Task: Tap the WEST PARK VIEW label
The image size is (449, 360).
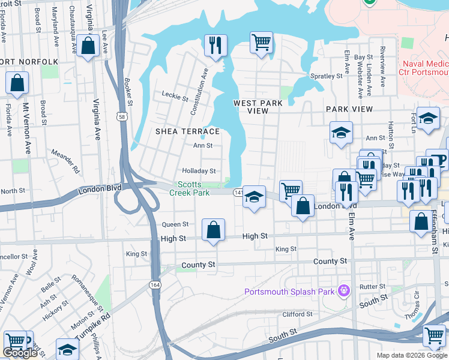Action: click(258, 107)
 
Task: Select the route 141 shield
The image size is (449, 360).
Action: click(238, 192)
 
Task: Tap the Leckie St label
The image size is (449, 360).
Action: click(175, 94)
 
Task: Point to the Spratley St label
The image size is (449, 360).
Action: click(326, 76)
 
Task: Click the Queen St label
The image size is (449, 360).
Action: click(175, 224)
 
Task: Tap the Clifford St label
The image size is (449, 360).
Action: click(297, 314)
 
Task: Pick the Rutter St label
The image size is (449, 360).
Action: click(372, 287)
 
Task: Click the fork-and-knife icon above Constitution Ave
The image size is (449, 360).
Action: click(214, 44)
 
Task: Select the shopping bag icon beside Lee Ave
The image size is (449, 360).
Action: click(88, 46)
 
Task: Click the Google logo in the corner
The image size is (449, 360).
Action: click(20, 353)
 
